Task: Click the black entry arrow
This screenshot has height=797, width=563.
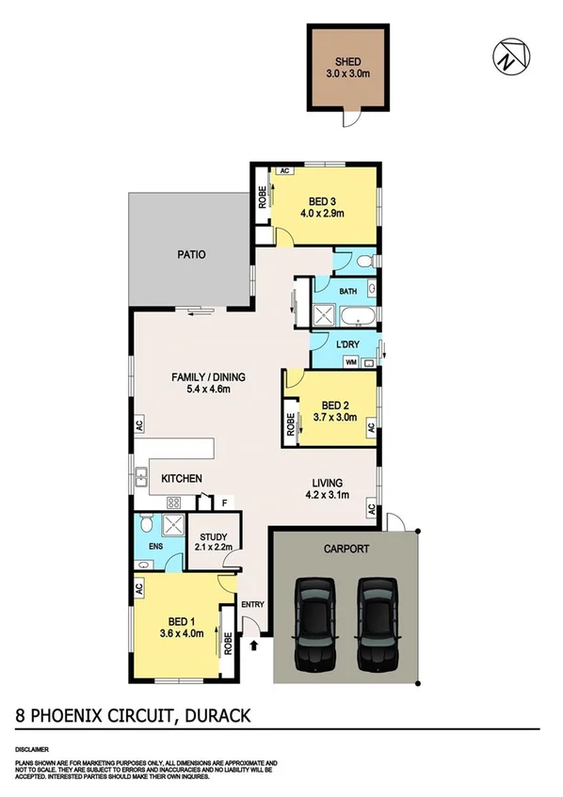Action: pos(257,646)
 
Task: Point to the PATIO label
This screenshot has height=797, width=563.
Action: pos(191,255)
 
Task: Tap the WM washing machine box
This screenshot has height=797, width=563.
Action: pos(351,361)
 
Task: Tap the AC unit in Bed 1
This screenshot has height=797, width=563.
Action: pos(137,588)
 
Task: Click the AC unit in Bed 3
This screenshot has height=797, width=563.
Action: pos(282,170)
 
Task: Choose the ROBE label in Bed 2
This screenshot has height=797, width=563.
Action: pos(289,422)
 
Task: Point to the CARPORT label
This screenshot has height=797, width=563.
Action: pos(346,549)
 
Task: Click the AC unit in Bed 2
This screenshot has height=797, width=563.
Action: pos(372,428)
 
